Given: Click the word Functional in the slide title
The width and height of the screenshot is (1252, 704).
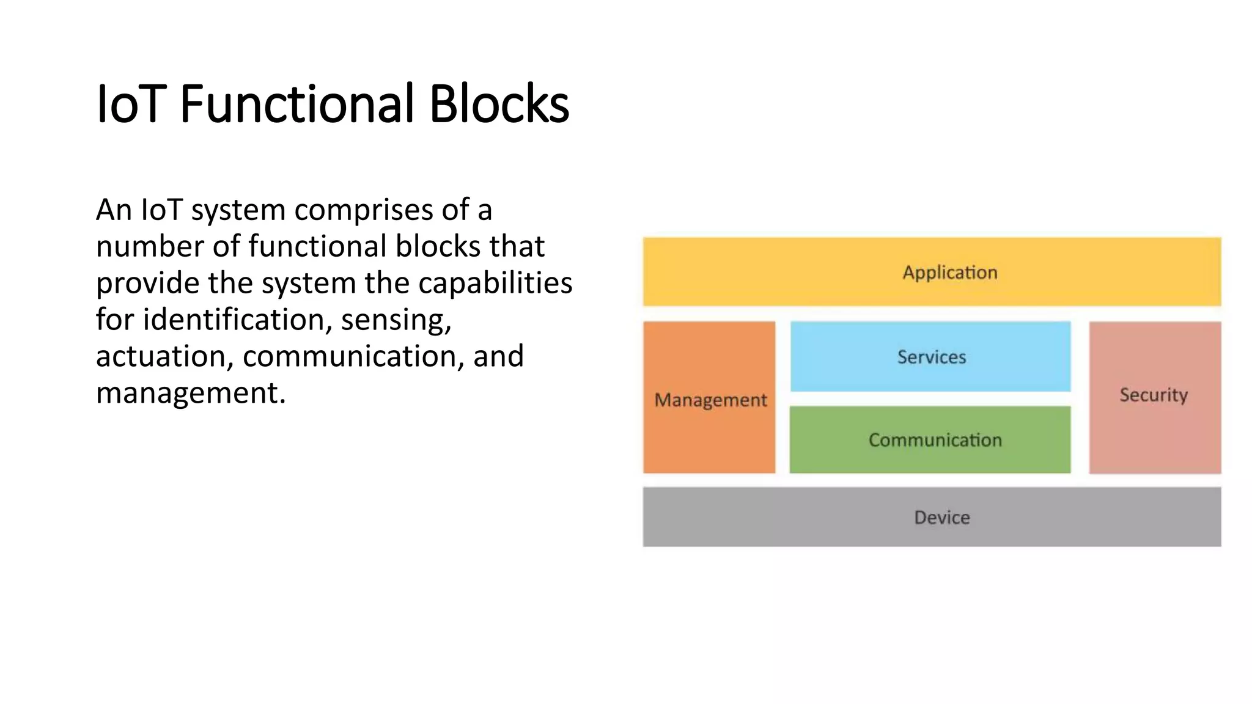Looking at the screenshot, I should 298,104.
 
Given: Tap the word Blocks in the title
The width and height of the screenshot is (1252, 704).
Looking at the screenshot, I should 499,104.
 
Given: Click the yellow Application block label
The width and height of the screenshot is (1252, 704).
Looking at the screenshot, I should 949,273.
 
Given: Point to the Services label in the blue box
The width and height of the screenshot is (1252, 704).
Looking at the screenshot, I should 931,357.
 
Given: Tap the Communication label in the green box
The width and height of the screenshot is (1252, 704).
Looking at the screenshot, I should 935,440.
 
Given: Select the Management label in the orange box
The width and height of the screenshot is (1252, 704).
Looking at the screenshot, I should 710,400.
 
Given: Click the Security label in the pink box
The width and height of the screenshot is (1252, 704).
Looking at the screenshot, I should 1154,395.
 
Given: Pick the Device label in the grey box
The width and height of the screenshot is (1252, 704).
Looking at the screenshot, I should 941,518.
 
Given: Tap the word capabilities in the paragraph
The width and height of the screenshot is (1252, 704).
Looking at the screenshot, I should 495,283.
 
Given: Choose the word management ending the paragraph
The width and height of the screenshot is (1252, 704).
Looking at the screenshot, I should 190,393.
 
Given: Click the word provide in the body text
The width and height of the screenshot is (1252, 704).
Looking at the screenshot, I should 147,283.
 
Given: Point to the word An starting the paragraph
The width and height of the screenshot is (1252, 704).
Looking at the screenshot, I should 114,210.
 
